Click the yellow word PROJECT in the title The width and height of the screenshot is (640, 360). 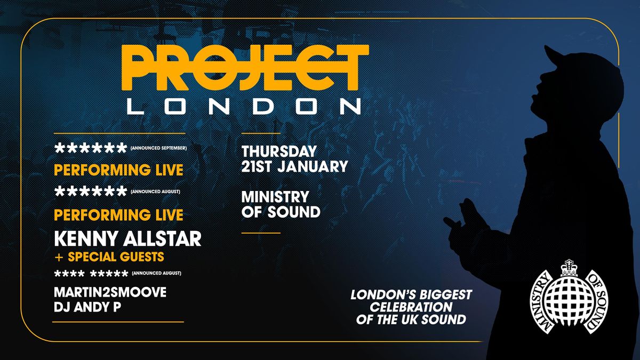tap(245, 68)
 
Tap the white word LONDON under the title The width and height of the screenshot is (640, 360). tap(244, 106)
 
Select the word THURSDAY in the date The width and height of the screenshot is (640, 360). tap(279, 151)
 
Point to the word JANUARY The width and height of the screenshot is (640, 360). tap(313, 166)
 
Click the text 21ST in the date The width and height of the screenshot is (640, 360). tap(258, 166)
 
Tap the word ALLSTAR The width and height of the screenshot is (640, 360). tap(162, 239)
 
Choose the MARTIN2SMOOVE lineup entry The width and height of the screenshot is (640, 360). tap(110, 292)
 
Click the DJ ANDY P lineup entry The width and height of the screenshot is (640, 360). tap(87, 307)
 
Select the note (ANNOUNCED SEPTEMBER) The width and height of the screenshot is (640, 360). tap(158, 148)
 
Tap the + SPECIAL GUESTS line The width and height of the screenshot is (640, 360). tap(109, 257)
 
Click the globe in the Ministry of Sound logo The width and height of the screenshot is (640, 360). tap(569, 301)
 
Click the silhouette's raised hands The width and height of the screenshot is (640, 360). tap(465, 226)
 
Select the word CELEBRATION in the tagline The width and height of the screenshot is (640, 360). tap(411, 307)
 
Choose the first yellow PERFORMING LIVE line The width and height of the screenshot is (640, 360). tap(118, 170)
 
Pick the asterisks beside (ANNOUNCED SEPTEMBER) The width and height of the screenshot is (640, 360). tap(91, 148)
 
